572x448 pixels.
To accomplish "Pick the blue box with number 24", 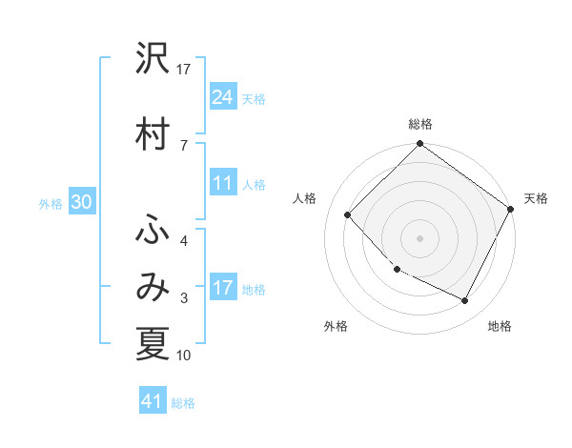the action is (x=223, y=96).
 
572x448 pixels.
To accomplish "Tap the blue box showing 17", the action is (x=223, y=288).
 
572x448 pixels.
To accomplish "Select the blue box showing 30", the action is (x=81, y=202).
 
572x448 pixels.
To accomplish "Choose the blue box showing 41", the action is (x=153, y=401).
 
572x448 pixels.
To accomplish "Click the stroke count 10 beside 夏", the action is (x=184, y=356).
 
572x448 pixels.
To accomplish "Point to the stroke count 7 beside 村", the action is (x=183, y=144).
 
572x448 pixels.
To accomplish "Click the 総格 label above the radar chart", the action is (x=420, y=124).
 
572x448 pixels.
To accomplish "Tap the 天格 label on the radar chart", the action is (x=536, y=198).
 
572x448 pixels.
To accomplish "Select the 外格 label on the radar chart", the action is (x=336, y=326).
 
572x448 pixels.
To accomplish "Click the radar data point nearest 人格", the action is (x=348, y=214).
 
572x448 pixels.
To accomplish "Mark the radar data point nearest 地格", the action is (x=465, y=301).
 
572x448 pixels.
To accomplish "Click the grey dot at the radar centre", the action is (x=419, y=237).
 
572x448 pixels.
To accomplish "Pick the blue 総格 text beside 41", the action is (x=183, y=403).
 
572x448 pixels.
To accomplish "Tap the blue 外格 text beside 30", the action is (x=51, y=203).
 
